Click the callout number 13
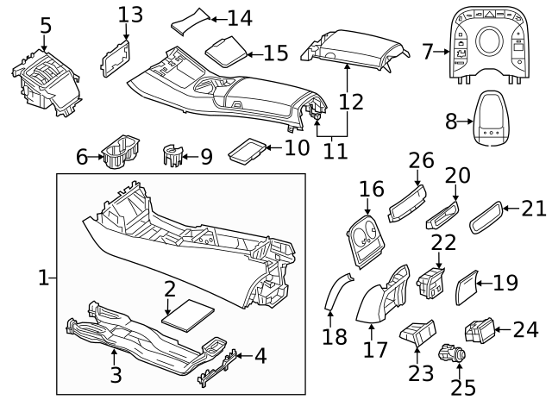[x=130, y=15]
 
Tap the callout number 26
[x=419, y=159]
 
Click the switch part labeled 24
[x=480, y=330]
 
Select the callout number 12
[x=351, y=101]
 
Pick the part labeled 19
[x=466, y=282]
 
